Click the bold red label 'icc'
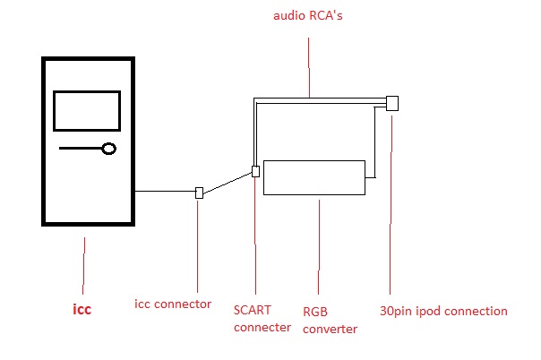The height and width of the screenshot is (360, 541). click(82, 309)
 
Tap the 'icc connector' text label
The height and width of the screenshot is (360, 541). click(173, 304)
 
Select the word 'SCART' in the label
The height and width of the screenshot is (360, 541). click(253, 310)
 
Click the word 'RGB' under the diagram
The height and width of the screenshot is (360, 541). click(315, 312)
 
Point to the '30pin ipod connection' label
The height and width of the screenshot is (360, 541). click(443, 311)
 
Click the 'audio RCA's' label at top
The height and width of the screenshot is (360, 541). click(308, 15)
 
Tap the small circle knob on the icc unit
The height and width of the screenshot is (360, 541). click(109, 149)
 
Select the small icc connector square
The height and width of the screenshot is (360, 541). click(199, 193)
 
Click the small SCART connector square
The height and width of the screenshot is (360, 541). click(255, 171)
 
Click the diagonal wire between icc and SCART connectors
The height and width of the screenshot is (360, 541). click(228, 183)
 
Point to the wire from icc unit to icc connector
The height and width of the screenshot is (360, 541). click(166, 191)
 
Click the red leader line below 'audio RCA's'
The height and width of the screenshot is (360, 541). click(309, 67)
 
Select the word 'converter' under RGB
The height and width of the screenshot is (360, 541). click(330, 329)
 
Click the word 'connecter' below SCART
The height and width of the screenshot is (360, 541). click(262, 327)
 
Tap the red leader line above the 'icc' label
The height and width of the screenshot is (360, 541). click(84, 265)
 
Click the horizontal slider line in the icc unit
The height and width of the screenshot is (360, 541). click(81, 149)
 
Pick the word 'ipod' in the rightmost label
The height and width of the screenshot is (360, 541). click(428, 312)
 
